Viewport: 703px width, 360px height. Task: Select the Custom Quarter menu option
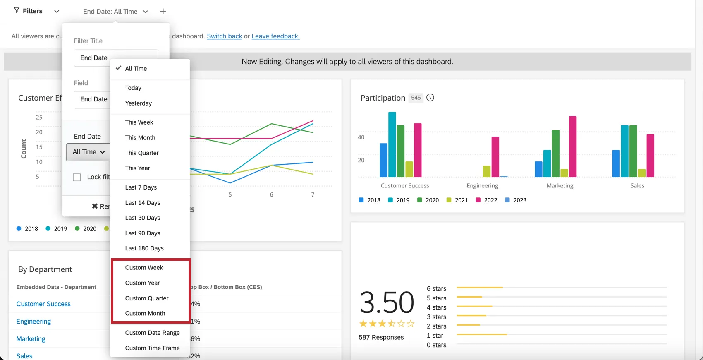coord(147,298)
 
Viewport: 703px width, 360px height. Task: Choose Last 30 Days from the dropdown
coord(143,218)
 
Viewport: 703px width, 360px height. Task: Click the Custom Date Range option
coord(152,333)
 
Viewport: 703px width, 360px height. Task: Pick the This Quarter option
coord(142,153)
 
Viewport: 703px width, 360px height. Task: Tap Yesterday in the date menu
coord(138,103)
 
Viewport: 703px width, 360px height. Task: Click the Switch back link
coord(224,36)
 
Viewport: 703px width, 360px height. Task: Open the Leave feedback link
coord(275,36)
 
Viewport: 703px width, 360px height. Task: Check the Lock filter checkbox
coord(77,177)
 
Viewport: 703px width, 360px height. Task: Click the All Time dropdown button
coord(88,152)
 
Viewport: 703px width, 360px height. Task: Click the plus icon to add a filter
coord(163,12)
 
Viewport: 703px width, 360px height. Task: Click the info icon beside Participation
coord(430,98)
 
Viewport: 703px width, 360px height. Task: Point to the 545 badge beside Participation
coord(416,98)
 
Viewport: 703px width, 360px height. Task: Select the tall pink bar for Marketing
coord(573,146)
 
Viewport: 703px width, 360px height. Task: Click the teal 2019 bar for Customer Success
coord(392,144)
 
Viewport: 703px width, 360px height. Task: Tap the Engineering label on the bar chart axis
coord(482,186)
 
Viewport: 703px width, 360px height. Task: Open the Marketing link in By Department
coord(31,339)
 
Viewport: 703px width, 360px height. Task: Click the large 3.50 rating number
coord(387,302)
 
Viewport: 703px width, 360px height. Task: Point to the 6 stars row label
coord(436,289)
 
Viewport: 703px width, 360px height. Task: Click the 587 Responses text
coord(381,337)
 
